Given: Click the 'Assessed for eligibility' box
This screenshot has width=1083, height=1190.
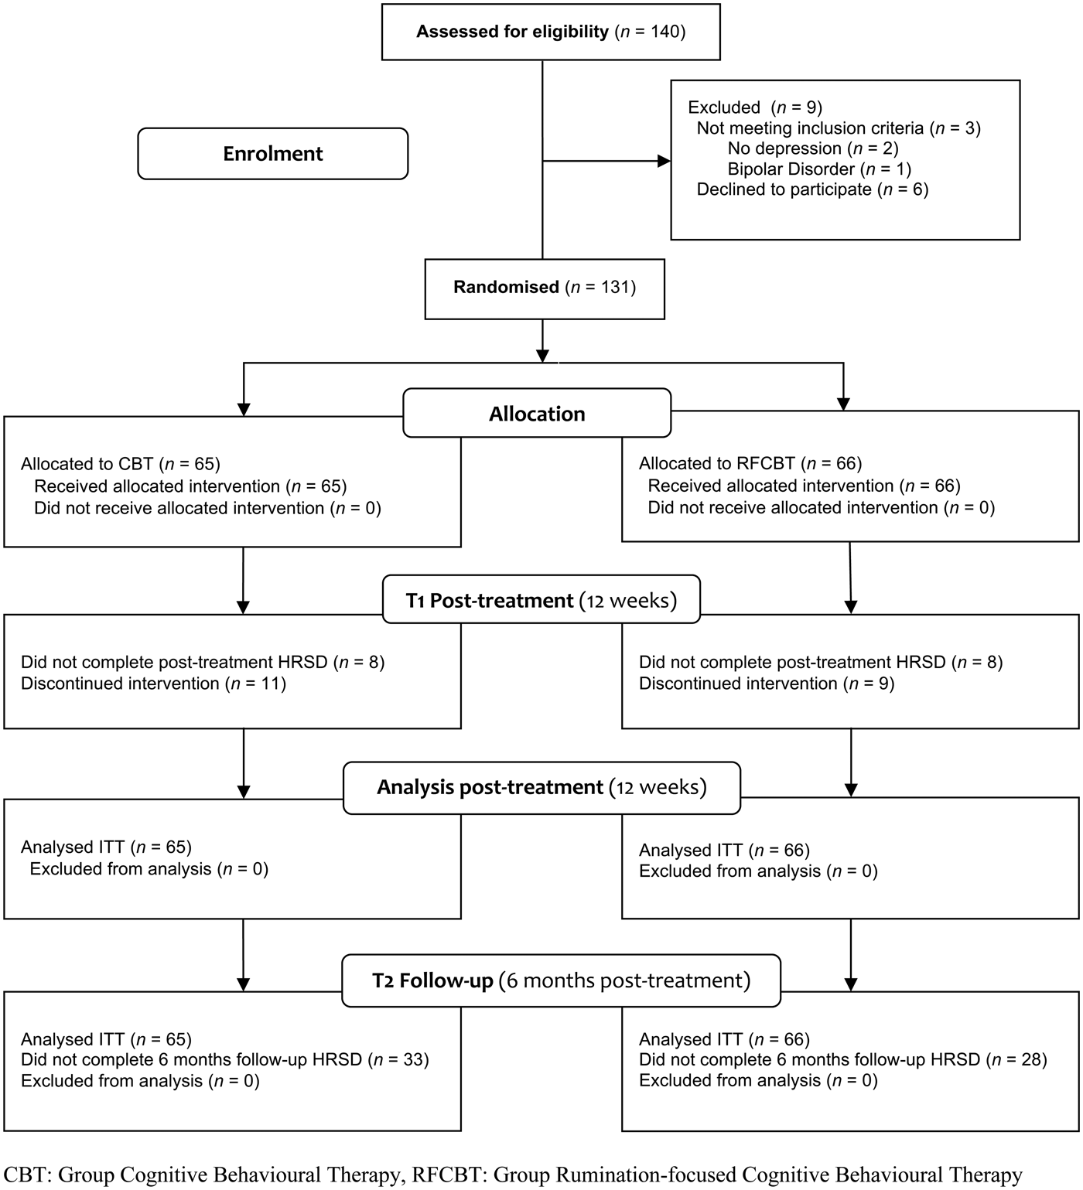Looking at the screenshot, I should pos(551,32).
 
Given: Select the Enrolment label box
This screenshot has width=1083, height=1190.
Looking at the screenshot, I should pos(272,154).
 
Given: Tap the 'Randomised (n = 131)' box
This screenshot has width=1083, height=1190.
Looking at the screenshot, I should pos(544,288).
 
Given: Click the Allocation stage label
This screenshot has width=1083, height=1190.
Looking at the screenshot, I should pos(537,414).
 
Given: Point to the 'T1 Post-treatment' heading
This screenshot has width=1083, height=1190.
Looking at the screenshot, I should pos(541,601).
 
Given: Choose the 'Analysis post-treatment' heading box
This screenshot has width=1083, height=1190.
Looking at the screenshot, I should pos(541,788).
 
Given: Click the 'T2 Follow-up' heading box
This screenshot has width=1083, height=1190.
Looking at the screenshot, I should pos(561,981).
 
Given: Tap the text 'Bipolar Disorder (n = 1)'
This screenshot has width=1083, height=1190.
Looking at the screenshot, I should pos(819,169).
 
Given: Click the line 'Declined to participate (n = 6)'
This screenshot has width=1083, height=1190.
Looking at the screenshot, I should pos(812,189).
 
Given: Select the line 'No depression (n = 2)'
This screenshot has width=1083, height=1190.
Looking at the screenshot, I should pos(813,148).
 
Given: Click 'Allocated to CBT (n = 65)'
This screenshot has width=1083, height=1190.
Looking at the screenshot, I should pos(121,464).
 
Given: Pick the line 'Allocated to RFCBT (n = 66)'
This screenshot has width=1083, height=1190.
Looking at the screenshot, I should pos(750,464).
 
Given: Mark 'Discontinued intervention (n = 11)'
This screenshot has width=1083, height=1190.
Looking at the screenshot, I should pos(153,684).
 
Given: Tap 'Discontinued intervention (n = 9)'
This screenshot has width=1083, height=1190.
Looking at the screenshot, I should pos(767,684).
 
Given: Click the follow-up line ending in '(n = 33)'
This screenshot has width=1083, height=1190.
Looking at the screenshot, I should pos(224,1060).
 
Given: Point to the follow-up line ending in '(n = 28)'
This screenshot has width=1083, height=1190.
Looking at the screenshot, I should pos(842,1060).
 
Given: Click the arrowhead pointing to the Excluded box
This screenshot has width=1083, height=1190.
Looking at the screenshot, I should pos(664,161).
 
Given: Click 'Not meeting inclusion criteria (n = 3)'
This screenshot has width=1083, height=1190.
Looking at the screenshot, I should pos(839,128).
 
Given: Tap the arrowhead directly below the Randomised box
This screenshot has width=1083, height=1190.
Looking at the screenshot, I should pos(543,356).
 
